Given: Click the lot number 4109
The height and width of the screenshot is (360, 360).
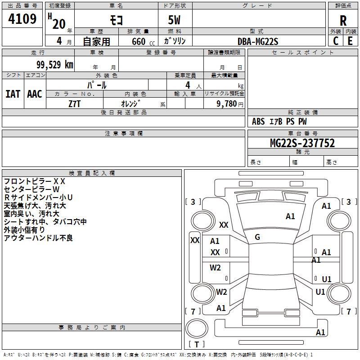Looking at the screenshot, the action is [22, 19].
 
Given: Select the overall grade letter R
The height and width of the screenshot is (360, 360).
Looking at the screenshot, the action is [343, 21].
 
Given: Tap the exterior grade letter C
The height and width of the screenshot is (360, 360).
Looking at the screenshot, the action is [336, 41].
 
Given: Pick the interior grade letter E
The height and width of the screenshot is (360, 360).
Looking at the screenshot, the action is [350, 41].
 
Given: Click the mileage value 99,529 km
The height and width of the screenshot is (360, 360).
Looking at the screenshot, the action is [55, 65].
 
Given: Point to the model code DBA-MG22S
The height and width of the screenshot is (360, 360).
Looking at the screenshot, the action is [258, 41].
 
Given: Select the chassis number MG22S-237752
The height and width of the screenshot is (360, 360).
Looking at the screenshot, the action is [302, 143].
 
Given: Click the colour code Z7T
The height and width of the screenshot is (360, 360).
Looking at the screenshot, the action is [75, 104].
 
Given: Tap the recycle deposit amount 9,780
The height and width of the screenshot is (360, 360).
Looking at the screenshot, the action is [227, 104].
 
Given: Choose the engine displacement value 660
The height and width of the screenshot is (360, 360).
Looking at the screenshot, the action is [139, 41].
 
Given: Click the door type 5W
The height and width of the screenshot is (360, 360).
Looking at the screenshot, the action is [174, 20].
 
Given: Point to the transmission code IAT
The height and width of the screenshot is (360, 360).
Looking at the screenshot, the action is [13, 94].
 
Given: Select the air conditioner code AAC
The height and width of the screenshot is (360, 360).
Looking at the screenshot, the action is [35, 94].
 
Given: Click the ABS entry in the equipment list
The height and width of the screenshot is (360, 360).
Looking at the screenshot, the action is [258, 121].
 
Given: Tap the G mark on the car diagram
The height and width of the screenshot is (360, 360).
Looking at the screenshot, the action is [257, 237].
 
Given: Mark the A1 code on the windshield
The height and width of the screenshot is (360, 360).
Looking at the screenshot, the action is [290, 216].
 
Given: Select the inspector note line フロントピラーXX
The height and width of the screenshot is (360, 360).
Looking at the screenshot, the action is [35, 181].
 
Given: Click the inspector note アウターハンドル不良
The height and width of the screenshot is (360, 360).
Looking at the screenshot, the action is [38, 238].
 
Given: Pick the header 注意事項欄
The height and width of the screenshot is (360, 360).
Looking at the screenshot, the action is [124, 133].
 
